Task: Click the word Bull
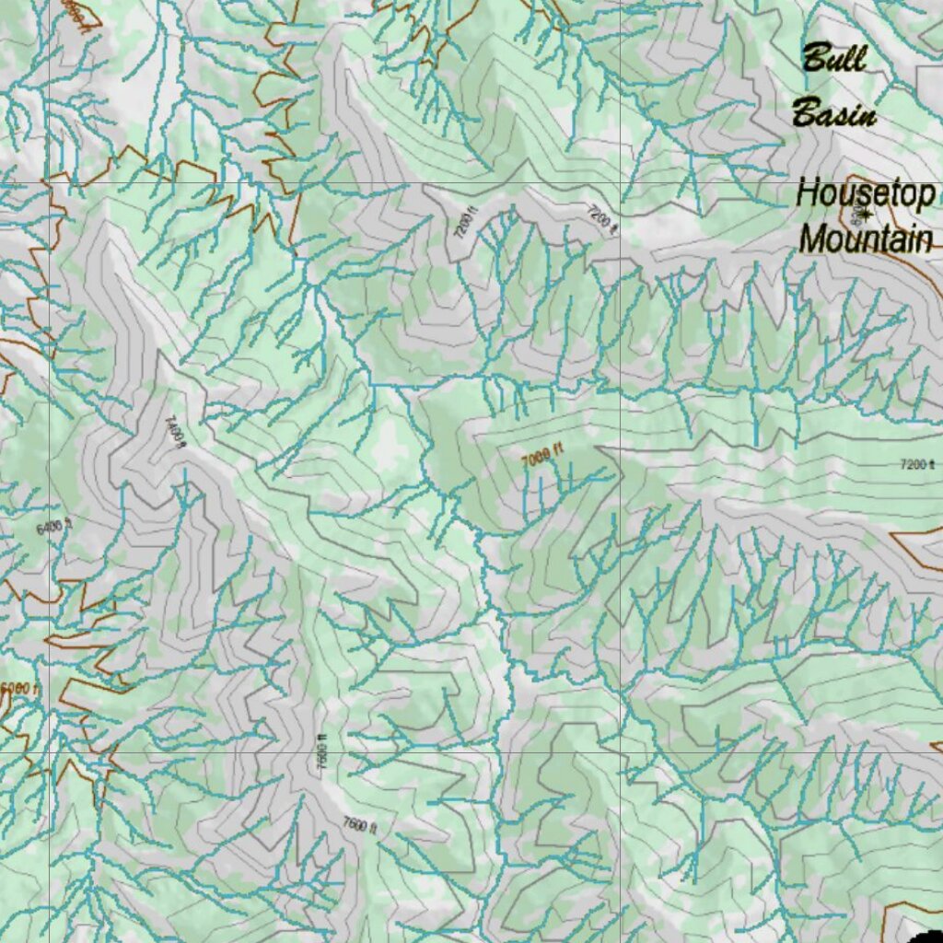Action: pyautogui.click(x=834, y=59)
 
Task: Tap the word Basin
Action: pyautogui.click(x=834, y=115)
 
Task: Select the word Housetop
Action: pyautogui.click(x=866, y=194)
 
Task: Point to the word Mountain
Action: pyautogui.click(x=866, y=239)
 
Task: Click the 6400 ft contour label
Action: pyautogui.click(x=53, y=528)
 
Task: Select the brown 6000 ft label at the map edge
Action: pyautogui.click(x=18, y=688)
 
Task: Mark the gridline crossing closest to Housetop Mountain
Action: pyautogui.click(x=621, y=184)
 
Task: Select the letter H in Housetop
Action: pyautogui.click(x=807, y=194)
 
